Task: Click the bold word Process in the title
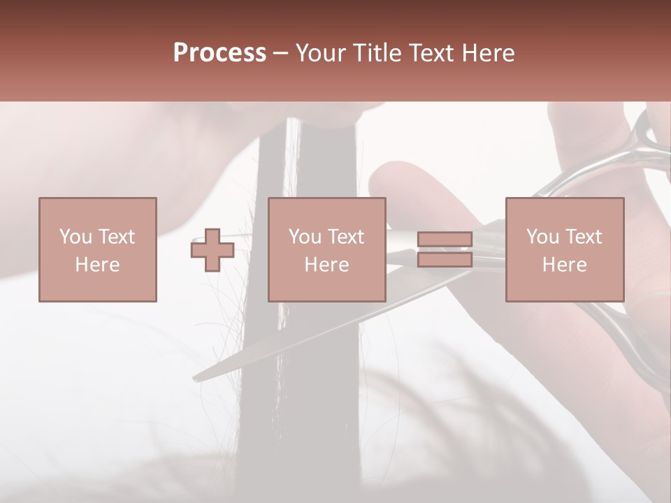pos(219,53)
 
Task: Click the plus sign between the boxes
pos(212,250)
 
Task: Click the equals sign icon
pos(445,250)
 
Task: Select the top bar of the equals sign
pos(445,240)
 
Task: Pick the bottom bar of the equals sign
pos(445,260)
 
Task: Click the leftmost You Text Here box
pos(97,249)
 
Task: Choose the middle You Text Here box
pos(326,249)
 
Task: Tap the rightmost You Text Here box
pos(564,249)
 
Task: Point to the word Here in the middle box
pos(326,265)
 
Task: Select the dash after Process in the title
pos(280,53)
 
